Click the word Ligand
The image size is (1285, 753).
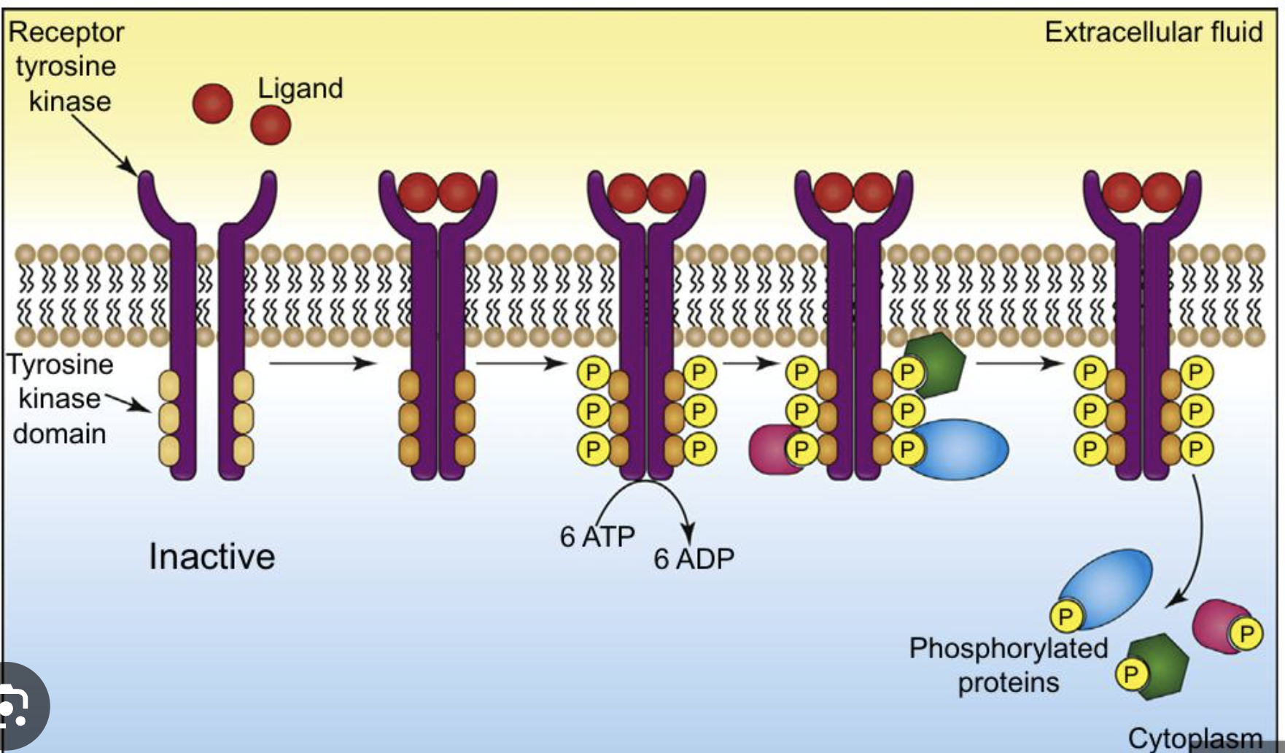[x=300, y=89]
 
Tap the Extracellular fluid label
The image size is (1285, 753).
[x=1153, y=33]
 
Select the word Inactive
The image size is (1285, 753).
[x=211, y=557]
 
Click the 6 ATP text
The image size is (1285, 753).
[x=597, y=536]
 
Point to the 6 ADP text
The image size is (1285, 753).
[x=694, y=559]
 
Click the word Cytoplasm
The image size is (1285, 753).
[x=1194, y=738]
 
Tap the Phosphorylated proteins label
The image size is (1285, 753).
[x=1008, y=665]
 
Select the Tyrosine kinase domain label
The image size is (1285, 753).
[x=60, y=398]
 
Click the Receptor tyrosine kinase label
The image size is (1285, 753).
[x=66, y=66]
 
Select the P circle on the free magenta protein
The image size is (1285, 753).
[x=1246, y=633]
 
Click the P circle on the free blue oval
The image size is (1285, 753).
[x=1065, y=617]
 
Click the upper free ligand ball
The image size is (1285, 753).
[x=212, y=103]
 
